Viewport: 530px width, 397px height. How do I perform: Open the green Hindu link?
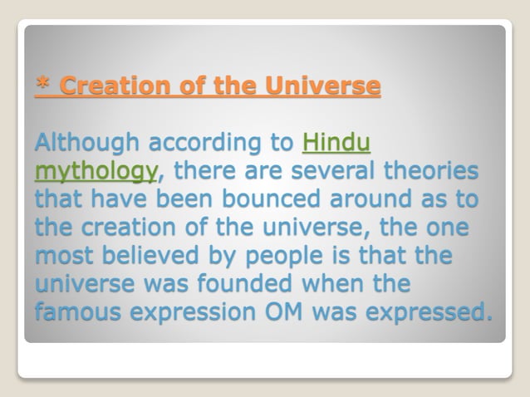pos(336,144)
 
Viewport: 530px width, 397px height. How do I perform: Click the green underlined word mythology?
pos(96,173)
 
